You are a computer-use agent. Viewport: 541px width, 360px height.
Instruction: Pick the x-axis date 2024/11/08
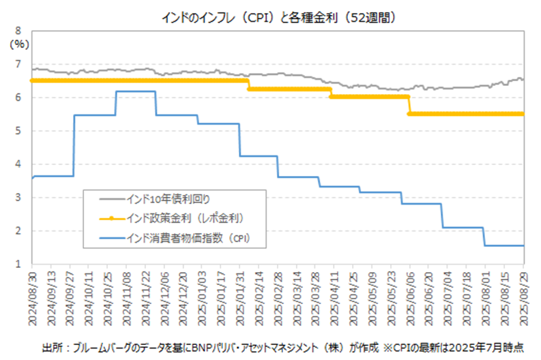coord(126,295)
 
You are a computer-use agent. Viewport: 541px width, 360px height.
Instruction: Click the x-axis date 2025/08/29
coord(523,295)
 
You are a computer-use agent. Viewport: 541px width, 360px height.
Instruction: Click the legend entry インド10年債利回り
coord(168,198)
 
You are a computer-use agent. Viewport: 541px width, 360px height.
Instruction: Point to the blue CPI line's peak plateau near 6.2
coord(136,91)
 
